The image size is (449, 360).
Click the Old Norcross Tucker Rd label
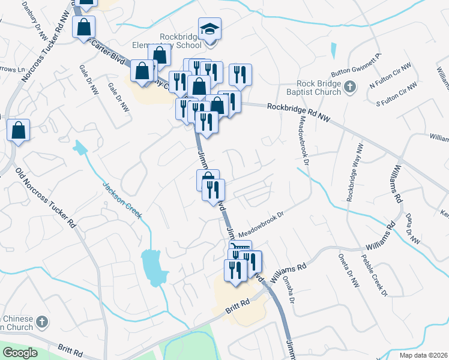pos(46,199)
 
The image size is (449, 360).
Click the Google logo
pos(20,353)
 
